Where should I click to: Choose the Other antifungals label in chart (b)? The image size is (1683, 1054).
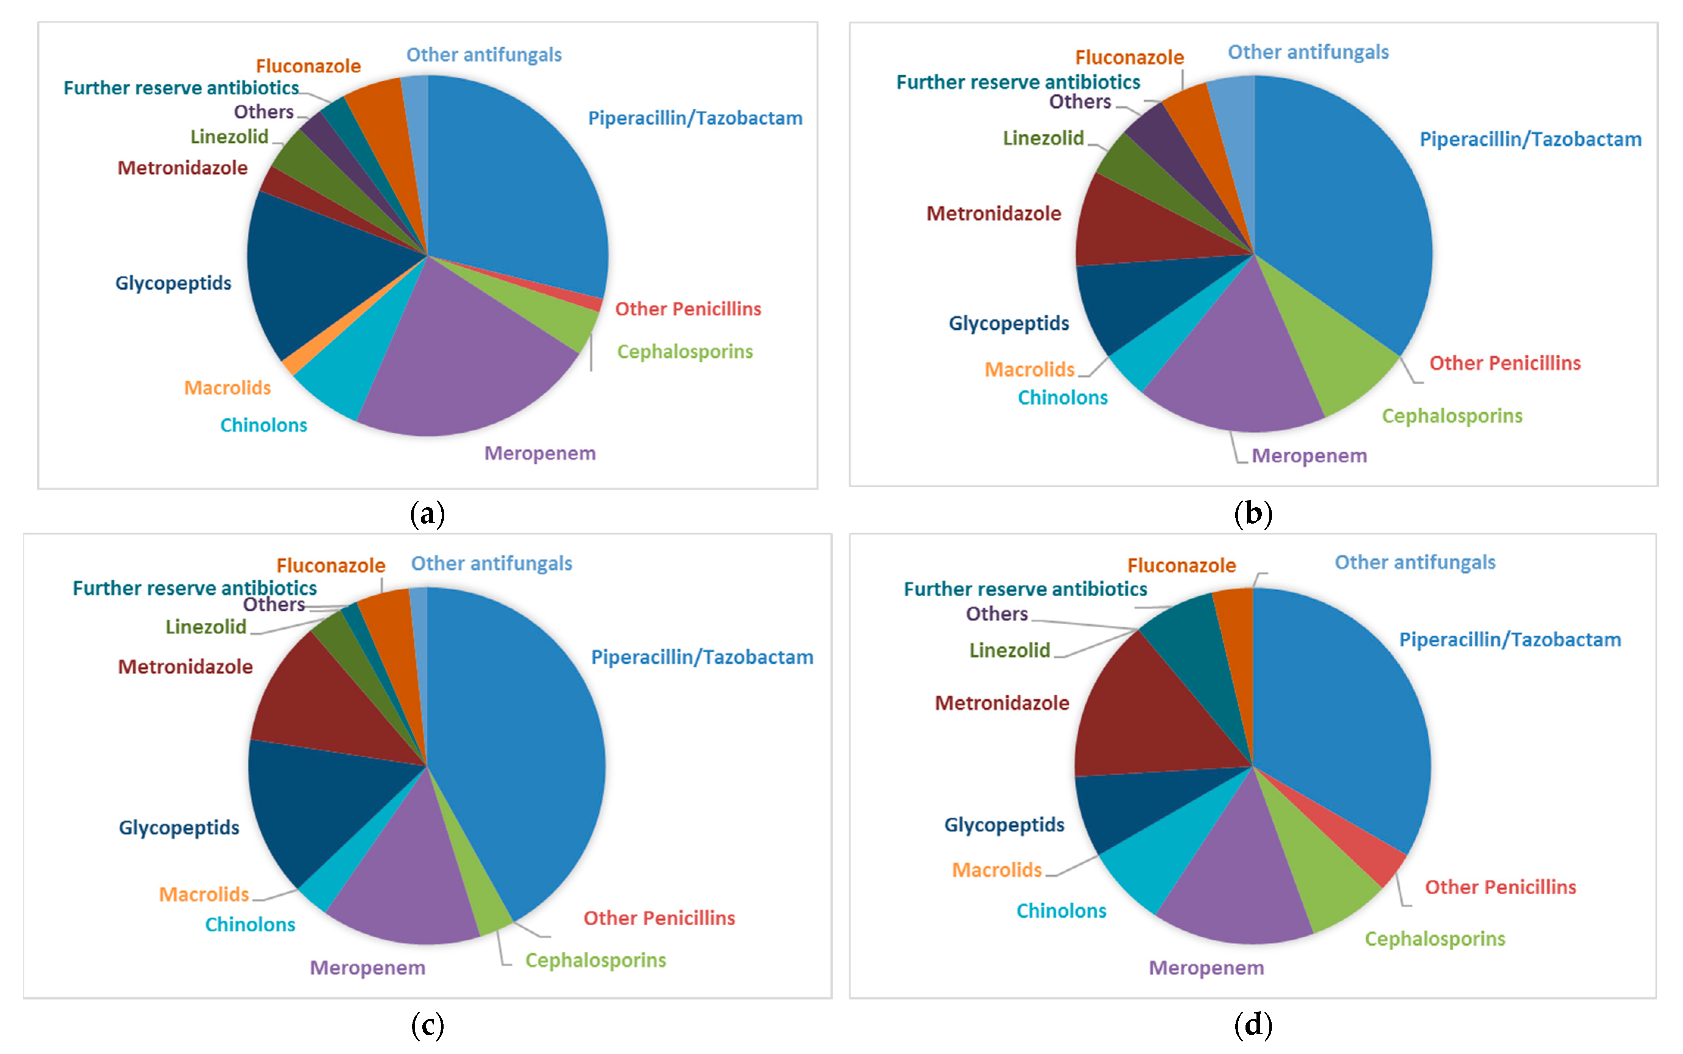click(x=1308, y=52)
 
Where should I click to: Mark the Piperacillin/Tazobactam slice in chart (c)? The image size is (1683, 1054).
click(x=523, y=753)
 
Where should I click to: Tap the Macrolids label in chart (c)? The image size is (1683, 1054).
click(x=204, y=894)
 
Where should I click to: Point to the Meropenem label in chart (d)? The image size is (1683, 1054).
click(x=1206, y=968)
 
